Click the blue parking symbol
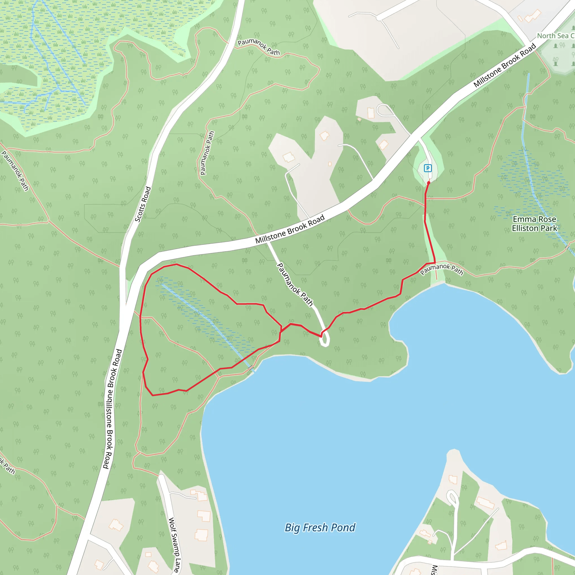[x=428, y=168]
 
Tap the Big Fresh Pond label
[x=320, y=528]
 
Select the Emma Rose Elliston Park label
[x=534, y=224]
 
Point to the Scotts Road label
[x=143, y=204]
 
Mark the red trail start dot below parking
[x=428, y=183]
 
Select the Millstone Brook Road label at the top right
[x=505, y=65]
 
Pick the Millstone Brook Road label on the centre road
[x=289, y=229]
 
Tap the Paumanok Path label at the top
[x=259, y=47]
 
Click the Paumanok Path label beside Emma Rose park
[x=441, y=269]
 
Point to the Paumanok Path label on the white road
[x=295, y=284]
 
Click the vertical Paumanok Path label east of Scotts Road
[x=207, y=153]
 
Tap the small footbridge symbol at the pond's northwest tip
[x=251, y=368]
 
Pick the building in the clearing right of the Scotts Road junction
[x=288, y=157]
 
